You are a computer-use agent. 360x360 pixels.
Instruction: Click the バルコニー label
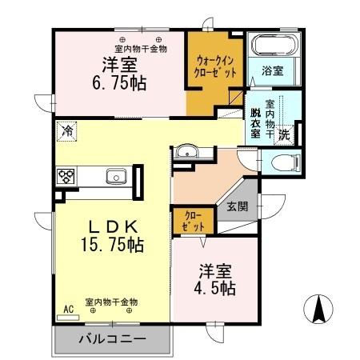click(x=112, y=339)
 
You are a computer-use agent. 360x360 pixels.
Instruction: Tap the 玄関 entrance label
click(x=238, y=206)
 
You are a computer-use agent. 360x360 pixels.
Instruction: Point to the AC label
click(x=68, y=306)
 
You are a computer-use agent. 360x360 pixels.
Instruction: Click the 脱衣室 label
click(x=255, y=122)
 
